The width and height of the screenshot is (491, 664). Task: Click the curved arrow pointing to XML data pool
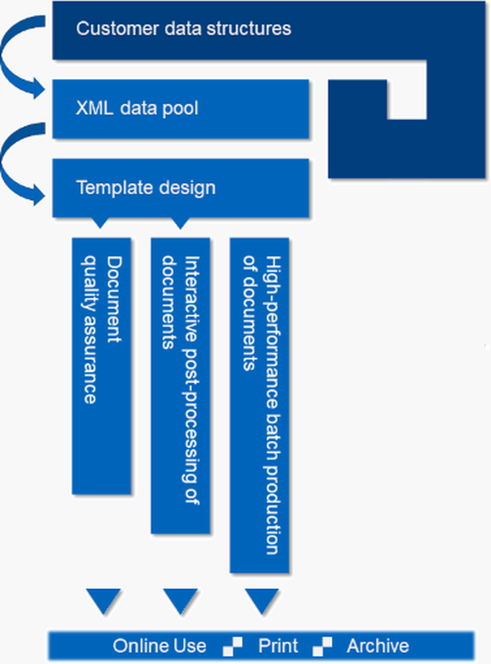tap(20, 59)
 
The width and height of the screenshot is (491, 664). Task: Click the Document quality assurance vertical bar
tap(102, 366)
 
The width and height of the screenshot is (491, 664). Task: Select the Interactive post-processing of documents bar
tap(181, 386)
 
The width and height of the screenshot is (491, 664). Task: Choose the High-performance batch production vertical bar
tap(260, 405)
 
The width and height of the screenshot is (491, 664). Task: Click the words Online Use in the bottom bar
tap(160, 646)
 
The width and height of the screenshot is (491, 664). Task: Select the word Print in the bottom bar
tap(278, 646)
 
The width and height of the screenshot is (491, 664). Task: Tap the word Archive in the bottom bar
tap(378, 646)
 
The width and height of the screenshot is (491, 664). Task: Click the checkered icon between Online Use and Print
tap(233, 646)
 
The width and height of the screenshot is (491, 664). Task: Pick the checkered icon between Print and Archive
tap(322, 646)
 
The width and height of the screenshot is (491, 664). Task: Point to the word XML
tap(94, 108)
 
